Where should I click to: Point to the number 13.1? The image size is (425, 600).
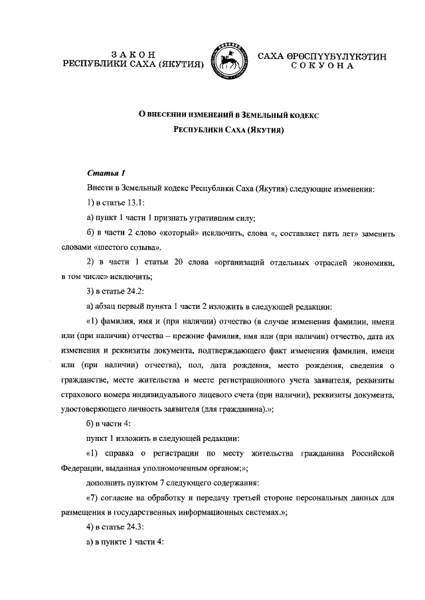pos(135,203)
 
